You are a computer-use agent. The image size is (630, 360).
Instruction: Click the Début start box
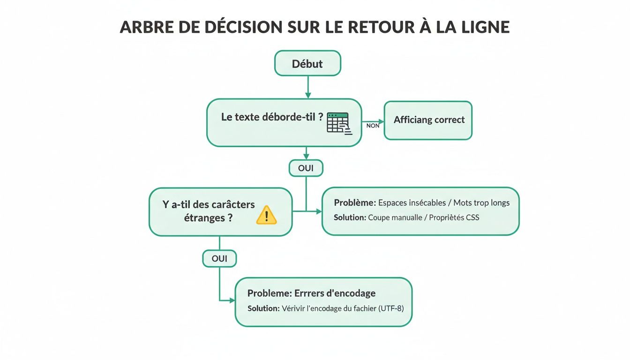pos(307,63)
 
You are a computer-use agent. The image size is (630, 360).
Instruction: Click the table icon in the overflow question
pos(338,123)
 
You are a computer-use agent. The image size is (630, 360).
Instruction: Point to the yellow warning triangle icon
pos(267,215)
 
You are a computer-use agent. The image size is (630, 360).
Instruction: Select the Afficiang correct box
pos(428,120)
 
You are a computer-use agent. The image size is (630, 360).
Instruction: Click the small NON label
pos(373,126)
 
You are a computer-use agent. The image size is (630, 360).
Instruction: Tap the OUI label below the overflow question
pos(306,168)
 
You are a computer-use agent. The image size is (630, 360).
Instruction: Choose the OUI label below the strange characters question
pos(219,258)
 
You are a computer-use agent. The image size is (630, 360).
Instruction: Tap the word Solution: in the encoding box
pos(263,308)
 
